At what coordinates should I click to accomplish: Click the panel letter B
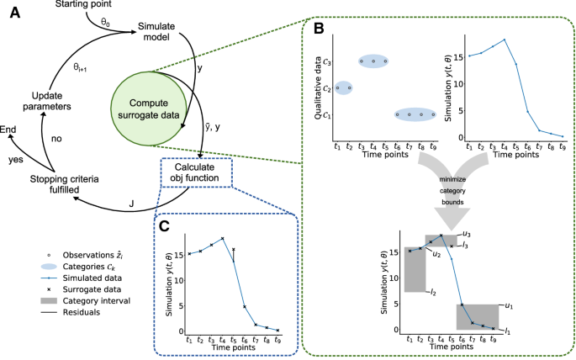click(x=320, y=29)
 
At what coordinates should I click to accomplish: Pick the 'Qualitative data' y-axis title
click(x=321, y=87)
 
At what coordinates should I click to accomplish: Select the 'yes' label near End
click(x=16, y=157)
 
